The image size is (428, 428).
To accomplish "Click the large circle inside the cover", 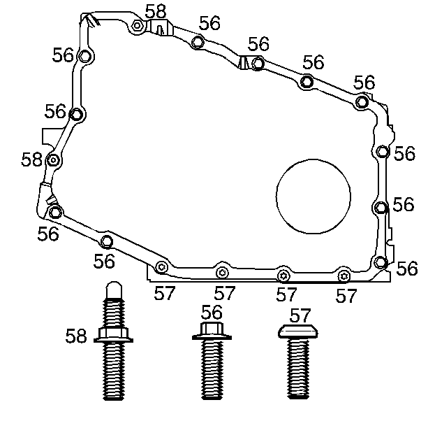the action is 276,197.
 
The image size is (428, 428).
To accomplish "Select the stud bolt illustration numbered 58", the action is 113,341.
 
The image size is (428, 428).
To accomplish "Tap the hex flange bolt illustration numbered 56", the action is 212,361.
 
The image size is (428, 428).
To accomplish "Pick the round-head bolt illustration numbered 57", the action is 298,362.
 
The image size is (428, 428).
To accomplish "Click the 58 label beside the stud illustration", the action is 76,336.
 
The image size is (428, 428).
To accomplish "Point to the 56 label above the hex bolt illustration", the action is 212,312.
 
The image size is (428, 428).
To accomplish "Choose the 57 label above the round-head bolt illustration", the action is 300,315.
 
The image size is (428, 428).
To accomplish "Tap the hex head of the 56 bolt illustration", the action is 212,329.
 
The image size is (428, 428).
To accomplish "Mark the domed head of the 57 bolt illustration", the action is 298,331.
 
